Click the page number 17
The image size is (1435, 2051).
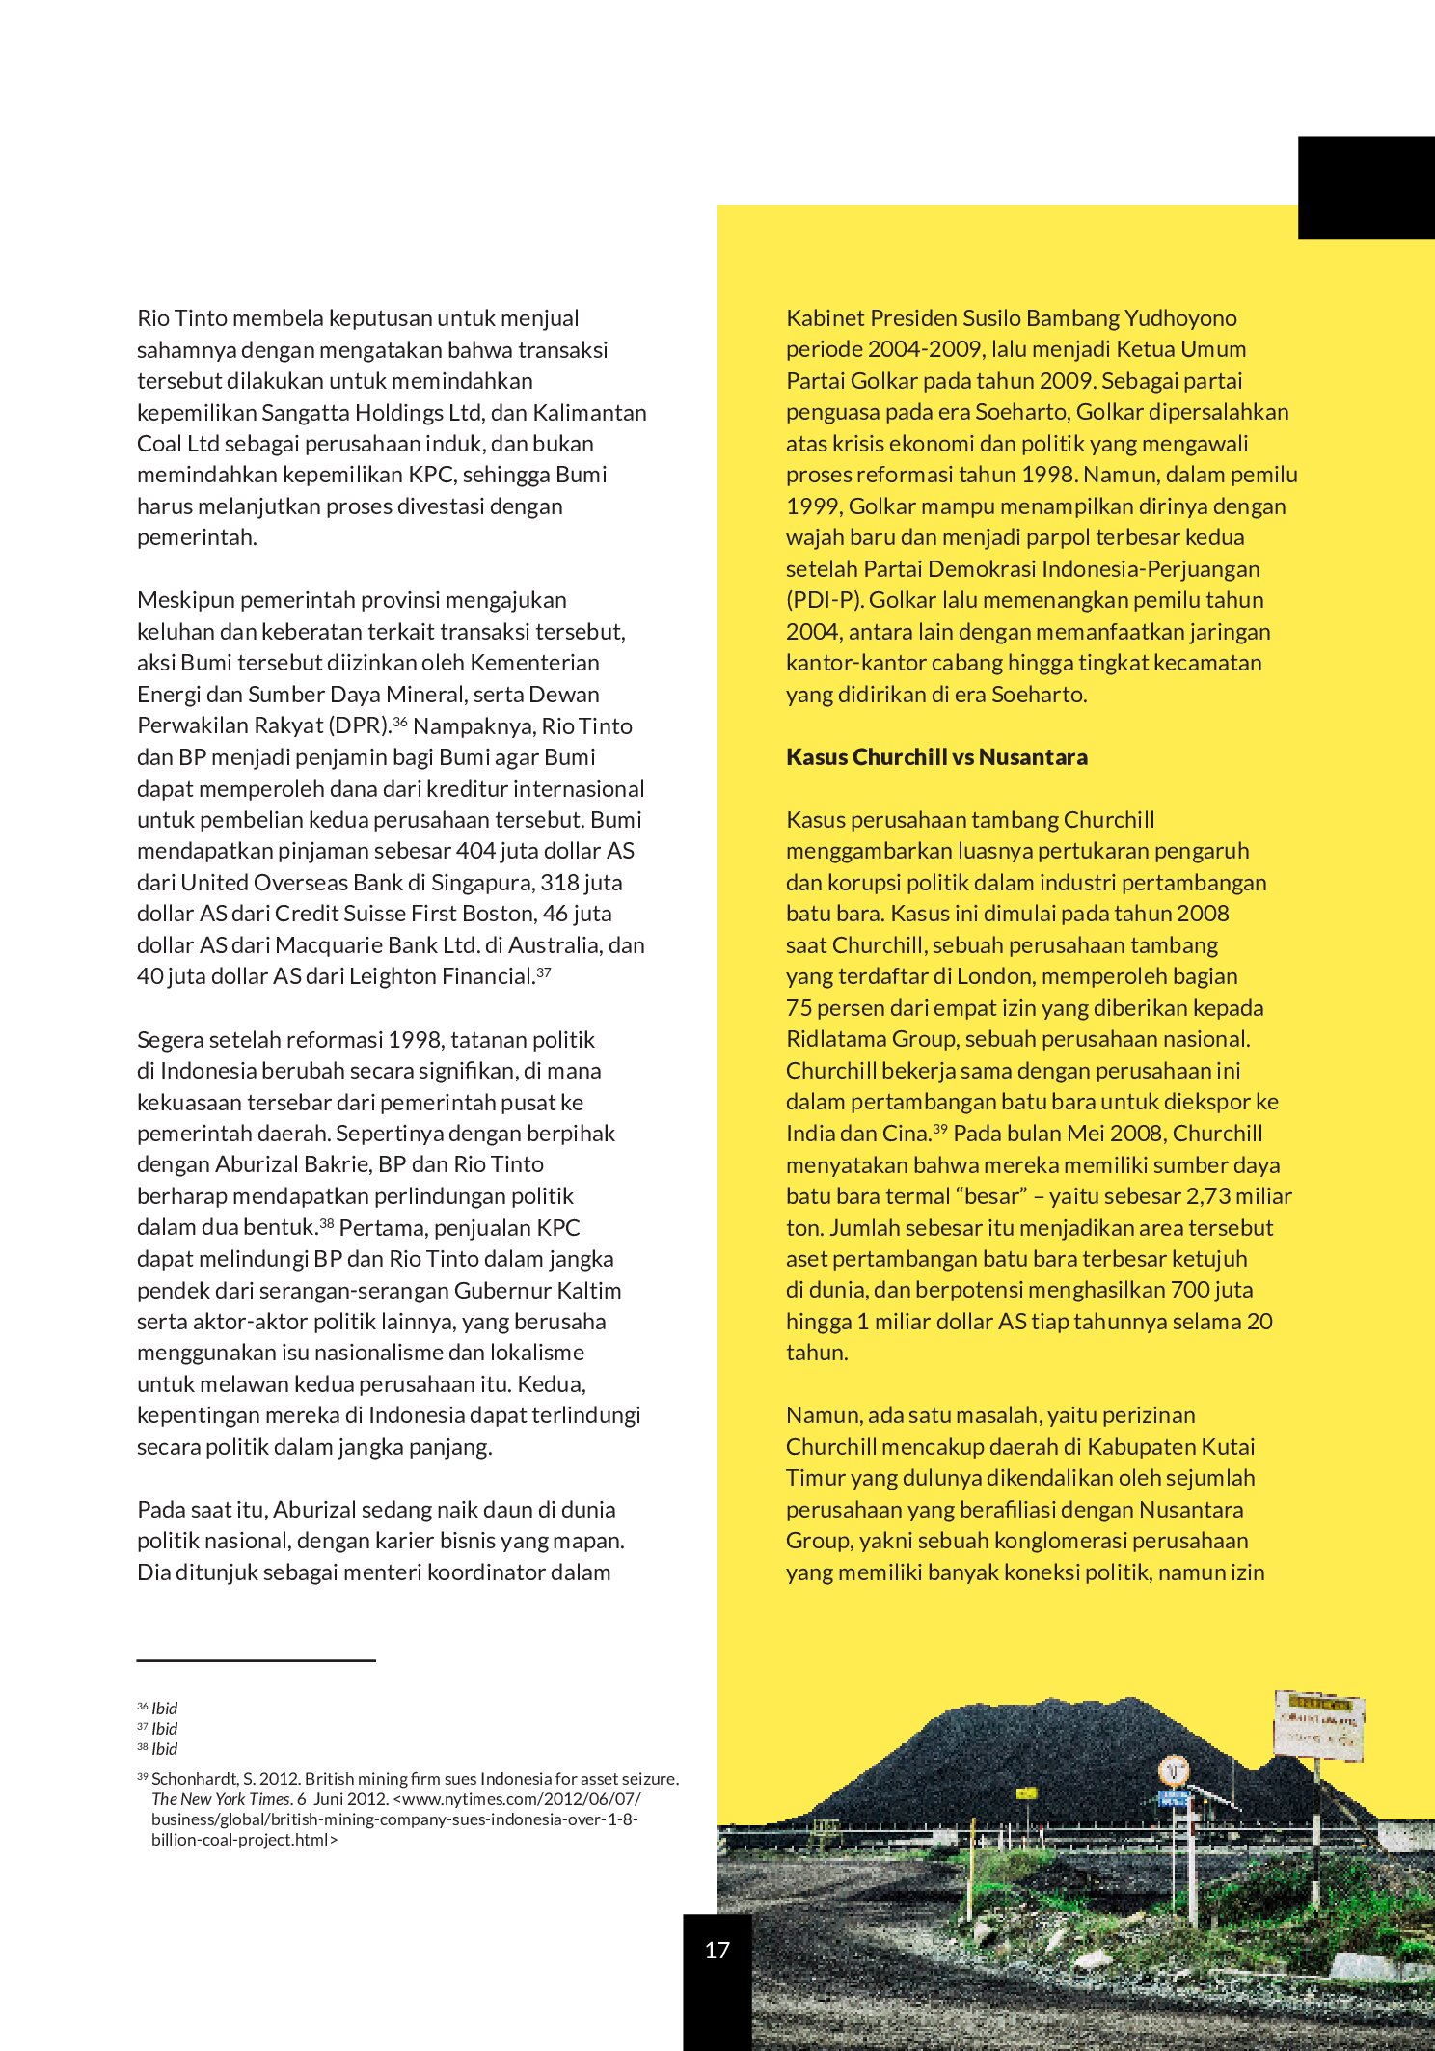coord(717,1950)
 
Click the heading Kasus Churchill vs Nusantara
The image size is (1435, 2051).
coord(936,757)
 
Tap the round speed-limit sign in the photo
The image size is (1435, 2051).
coord(1173,1771)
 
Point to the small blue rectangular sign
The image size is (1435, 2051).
coord(1173,1798)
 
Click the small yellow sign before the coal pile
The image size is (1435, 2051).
coord(1026,1793)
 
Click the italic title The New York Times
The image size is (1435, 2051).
coord(221,1799)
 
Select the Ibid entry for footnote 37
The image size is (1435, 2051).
coord(164,1729)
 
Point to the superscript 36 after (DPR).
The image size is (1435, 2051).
coord(400,721)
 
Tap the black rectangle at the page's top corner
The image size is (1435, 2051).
coord(1366,188)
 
